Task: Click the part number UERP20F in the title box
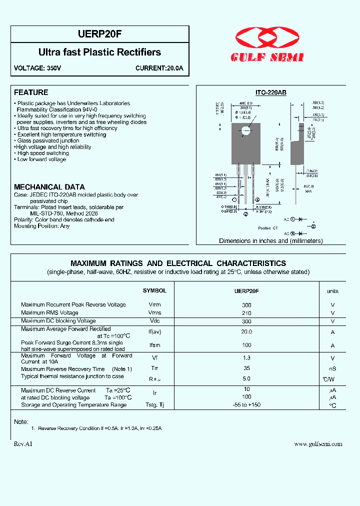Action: tap(100, 34)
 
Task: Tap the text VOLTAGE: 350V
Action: tap(37, 68)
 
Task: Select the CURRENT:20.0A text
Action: tap(159, 68)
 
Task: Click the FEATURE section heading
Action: tap(31, 92)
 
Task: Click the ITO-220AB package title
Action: tap(270, 93)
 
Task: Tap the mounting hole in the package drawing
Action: tap(245, 131)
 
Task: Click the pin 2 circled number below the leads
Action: tap(245, 214)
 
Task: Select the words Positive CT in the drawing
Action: tap(267, 228)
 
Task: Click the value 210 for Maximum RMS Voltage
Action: tap(246, 313)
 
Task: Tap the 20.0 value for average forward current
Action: tap(246, 331)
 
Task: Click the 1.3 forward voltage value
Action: tap(246, 358)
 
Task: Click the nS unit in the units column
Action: tap(332, 369)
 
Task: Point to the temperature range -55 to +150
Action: tap(246, 405)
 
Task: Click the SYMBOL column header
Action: tap(154, 290)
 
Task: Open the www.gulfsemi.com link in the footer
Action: tap(318, 444)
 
